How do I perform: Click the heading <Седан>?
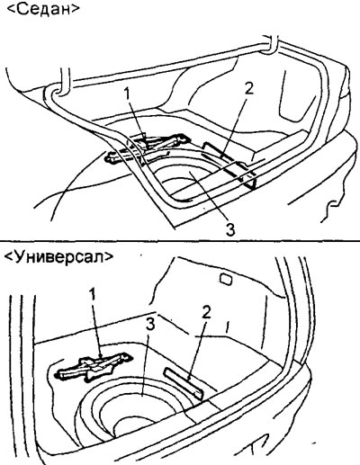pyautogui.click(x=42, y=9)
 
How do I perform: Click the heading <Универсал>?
pyautogui.click(x=59, y=256)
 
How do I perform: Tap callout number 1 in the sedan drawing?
pyautogui.click(x=128, y=94)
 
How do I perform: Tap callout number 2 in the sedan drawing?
pyautogui.click(x=249, y=89)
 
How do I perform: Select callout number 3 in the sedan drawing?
pyautogui.click(x=230, y=228)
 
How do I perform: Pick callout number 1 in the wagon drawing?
pyautogui.click(x=94, y=294)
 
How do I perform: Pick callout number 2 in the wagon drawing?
pyautogui.click(x=206, y=313)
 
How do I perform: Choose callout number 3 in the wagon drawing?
pyautogui.click(x=150, y=325)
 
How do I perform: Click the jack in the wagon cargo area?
pyautogui.click(x=94, y=367)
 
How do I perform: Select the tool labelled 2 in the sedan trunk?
pyautogui.click(x=229, y=165)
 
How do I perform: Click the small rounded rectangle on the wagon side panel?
pyautogui.click(x=226, y=279)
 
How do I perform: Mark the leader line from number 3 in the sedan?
pyautogui.click(x=210, y=197)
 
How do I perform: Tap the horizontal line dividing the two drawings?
pyautogui.click(x=180, y=241)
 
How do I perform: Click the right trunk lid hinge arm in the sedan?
pyautogui.click(x=272, y=44)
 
